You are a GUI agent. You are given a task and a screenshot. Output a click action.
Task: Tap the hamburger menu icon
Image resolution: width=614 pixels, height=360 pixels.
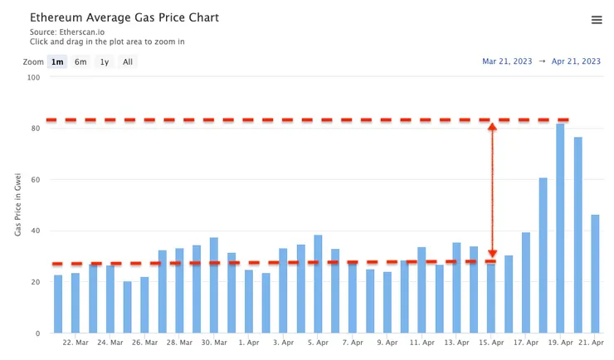597,20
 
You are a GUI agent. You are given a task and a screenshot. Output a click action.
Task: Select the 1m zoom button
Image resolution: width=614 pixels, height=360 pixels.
57,61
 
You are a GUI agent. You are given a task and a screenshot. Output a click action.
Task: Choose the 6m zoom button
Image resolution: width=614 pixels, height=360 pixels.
80,61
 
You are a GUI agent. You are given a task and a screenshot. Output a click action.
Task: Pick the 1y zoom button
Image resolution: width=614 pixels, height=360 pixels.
104,61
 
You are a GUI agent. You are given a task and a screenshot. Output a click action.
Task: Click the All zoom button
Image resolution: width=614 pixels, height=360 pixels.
127,61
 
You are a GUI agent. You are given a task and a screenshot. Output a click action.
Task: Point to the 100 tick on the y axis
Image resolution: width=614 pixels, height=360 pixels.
33,78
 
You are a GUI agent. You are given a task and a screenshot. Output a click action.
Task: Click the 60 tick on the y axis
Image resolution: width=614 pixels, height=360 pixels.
35,180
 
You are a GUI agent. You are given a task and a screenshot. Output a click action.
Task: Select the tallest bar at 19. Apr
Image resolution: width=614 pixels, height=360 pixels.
560,228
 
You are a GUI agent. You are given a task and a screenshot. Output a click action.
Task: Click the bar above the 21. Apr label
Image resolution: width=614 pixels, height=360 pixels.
595,274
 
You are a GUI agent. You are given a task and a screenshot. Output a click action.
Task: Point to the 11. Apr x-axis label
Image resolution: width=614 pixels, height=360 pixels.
422,342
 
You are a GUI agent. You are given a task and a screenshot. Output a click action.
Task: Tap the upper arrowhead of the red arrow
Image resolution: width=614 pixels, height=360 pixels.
492,128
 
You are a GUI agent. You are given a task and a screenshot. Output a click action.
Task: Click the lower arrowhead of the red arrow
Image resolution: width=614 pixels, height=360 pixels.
492,253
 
